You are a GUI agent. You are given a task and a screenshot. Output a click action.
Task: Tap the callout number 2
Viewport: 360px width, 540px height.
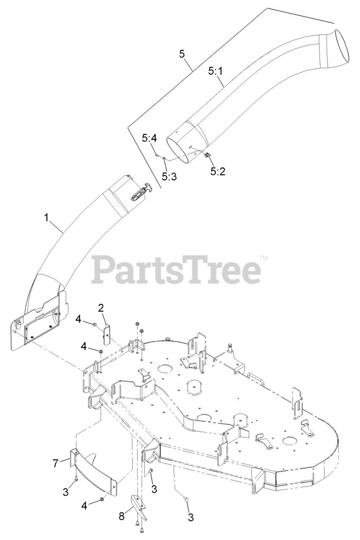click(x=101, y=308)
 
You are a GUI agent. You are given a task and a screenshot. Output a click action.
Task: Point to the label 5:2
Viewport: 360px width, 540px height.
click(x=218, y=171)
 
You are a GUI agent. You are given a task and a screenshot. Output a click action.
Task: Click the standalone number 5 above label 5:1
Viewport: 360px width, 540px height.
click(x=182, y=54)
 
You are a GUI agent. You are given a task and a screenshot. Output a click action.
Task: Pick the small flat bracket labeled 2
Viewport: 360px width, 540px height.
click(x=107, y=333)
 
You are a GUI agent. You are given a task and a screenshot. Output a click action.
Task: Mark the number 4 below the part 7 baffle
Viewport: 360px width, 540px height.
click(x=84, y=505)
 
